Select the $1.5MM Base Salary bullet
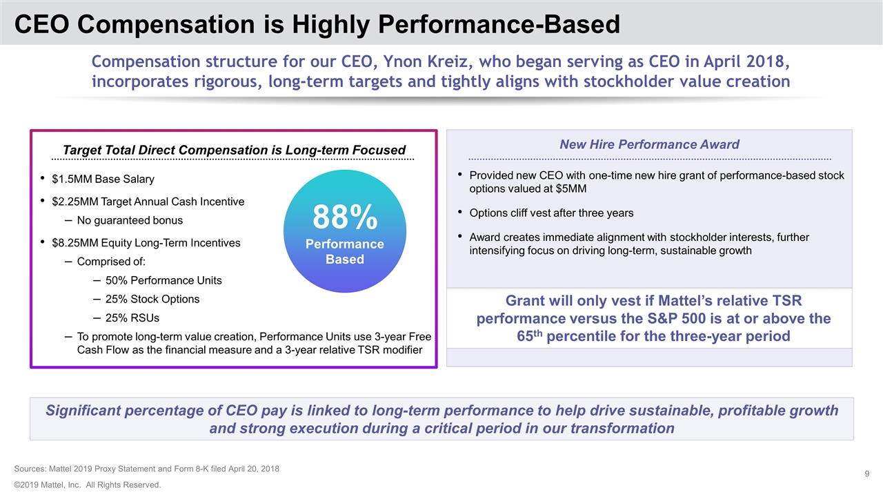[103, 179]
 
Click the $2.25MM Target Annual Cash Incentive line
[148, 202]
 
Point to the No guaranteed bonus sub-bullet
[130, 220]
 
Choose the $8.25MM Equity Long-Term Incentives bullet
[146, 243]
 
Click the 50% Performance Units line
[163, 280]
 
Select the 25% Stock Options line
[152, 299]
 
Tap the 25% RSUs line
[132, 318]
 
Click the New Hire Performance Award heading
[649, 144]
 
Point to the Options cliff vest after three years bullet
[550, 212]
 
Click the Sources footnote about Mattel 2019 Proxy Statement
[146, 469]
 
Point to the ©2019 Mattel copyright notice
[87, 485]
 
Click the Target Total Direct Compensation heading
[234, 150]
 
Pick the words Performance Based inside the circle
[345, 252]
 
